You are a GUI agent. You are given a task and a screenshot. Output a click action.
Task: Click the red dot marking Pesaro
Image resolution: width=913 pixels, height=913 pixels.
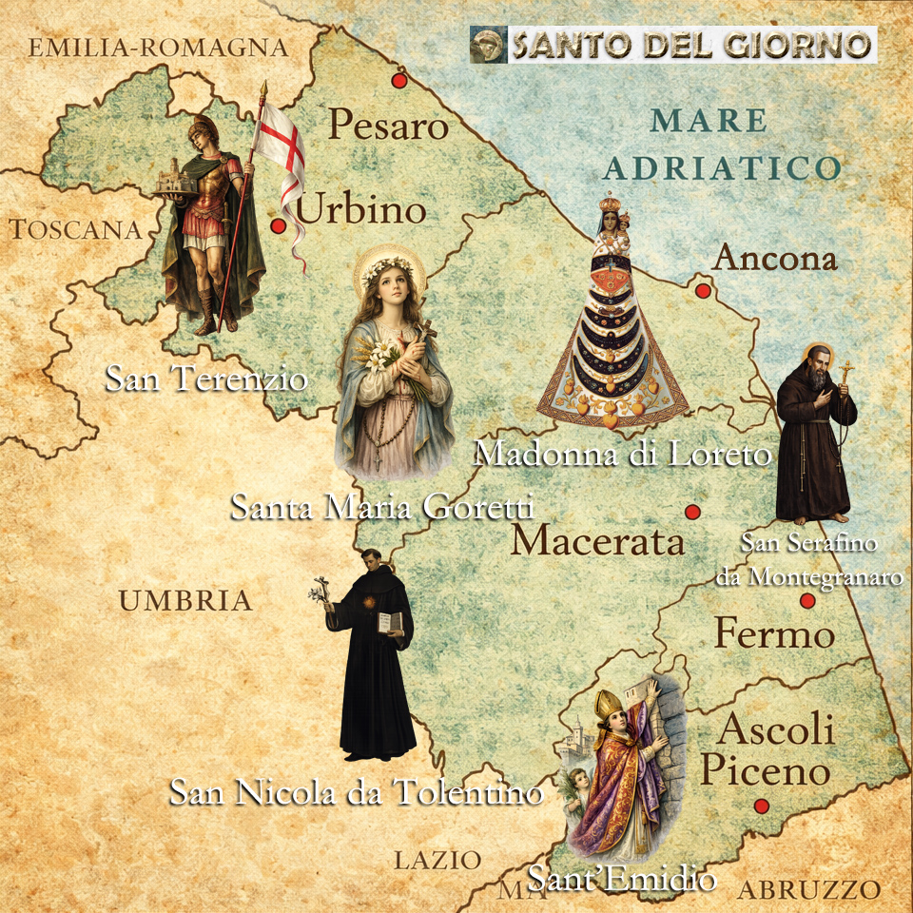click(399, 80)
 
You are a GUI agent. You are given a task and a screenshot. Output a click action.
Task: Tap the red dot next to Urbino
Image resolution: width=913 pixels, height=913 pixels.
click(279, 226)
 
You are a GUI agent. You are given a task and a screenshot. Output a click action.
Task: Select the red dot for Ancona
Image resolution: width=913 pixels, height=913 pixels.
click(703, 291)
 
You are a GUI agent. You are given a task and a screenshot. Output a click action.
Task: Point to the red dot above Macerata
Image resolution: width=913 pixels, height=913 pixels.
click(692, 512)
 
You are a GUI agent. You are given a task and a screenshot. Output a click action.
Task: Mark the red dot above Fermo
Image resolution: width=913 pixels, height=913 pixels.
click(807, 601)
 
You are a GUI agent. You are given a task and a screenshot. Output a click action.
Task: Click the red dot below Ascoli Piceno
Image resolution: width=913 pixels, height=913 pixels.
click(761, 806)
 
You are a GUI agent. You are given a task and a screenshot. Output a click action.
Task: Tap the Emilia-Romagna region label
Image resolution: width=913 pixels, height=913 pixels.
click(158, 48)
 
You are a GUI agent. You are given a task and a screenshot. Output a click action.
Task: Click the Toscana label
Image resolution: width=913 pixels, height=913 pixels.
click(75, 229)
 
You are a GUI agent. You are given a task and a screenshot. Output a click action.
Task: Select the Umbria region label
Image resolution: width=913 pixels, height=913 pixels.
click(185, 600)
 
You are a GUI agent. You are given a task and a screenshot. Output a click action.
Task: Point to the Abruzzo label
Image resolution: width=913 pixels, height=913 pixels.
click(808, 890)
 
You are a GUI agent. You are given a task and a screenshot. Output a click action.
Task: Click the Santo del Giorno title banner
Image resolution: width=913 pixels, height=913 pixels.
click(673, 45)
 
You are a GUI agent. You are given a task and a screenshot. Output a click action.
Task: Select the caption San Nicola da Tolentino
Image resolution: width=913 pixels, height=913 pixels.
click(356, 791)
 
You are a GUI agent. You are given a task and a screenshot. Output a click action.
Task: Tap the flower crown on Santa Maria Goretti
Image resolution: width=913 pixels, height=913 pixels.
click(385, 261)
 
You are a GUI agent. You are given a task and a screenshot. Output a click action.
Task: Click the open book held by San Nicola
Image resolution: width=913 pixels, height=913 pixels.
click(390, 623)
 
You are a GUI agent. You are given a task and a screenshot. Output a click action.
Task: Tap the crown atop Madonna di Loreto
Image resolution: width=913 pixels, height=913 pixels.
click(609, 207)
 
